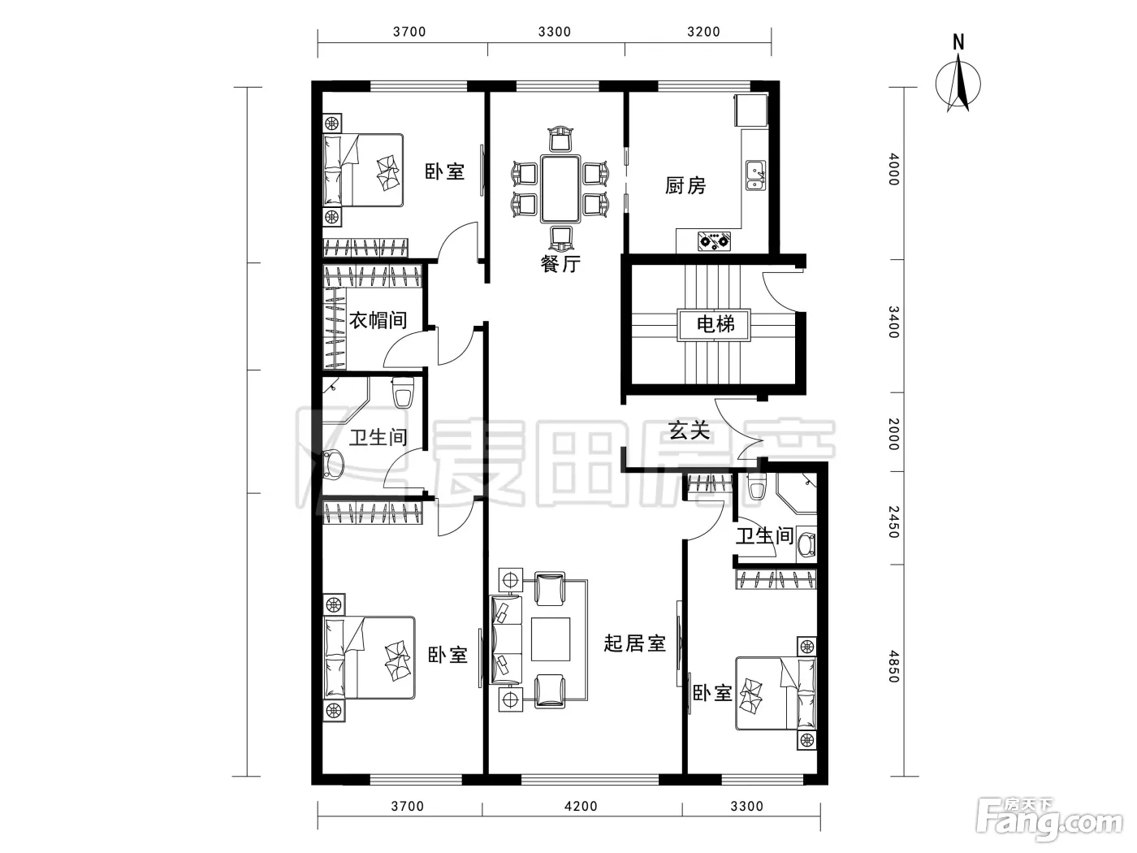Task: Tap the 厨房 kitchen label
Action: point(685,185)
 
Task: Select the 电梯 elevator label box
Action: point(714,325)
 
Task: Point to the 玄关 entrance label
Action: point(689,430)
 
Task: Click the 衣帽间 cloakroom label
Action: point(378,320)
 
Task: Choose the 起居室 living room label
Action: point(634,643)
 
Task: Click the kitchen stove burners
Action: point(714,240)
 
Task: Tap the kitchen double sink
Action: point(756,175)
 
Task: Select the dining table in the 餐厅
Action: point(560,188)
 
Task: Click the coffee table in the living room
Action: point(551,639)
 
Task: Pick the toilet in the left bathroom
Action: point(403,392)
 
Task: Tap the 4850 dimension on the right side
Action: point(894,666)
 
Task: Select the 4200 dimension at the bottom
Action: point(581,806)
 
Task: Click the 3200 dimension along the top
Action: point(703,32)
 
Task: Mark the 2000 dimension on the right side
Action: point(894,434)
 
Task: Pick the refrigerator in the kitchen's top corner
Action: point(750,110)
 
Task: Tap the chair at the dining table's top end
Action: point(560,138)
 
